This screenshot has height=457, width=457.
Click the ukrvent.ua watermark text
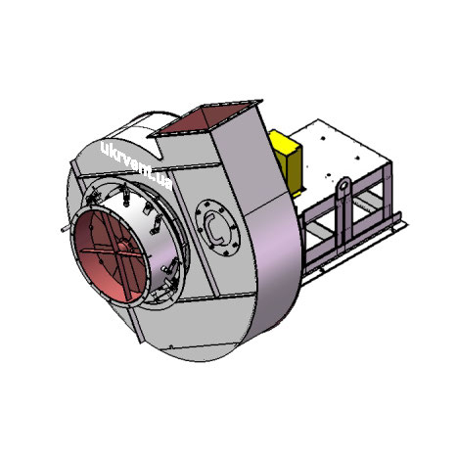point(136,165)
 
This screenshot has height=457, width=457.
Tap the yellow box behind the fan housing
point(287,161)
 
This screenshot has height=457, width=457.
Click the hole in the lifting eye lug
point(343,186)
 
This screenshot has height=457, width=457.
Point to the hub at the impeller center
point(123,247)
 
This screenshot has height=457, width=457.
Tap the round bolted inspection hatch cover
point(217,228)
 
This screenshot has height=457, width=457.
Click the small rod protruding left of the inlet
point(66,229)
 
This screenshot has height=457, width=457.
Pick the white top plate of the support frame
point(340,151)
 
